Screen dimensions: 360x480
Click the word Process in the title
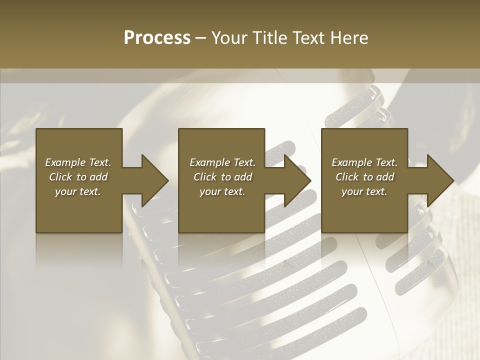[x=157, y=38]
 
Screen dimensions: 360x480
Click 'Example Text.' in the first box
[x=78, y=162]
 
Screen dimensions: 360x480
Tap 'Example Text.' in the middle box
[x=222, y=162]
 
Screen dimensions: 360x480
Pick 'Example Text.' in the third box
[x=364, y=162]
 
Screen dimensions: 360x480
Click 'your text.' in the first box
[x=78, y=191]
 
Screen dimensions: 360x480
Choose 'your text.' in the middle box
[x=222, y=191]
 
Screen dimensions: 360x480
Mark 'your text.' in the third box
[x=364, y=191]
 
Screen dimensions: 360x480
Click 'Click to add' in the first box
[x=78, y=177]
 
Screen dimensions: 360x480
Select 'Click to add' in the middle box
[x=222, y=177]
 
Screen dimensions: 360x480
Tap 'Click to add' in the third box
[x=364, y=177]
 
